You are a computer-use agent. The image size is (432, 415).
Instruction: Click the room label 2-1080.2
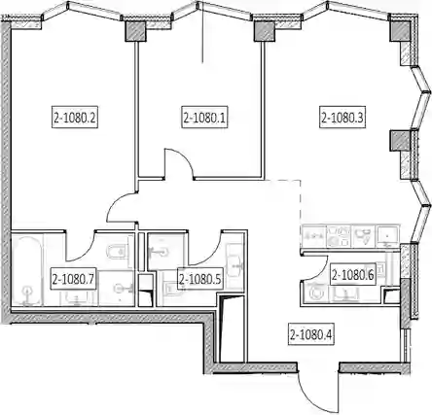(x=75, y=118)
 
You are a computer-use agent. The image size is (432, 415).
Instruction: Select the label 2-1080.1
(x=204, y=118)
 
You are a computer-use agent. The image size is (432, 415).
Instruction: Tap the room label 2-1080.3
(x=342, y=118)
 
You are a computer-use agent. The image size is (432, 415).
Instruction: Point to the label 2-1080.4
(x=311, y=335)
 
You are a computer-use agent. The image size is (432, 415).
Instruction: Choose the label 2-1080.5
(x=200, y=279)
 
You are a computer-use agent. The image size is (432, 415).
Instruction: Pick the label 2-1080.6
(x=353, y=275)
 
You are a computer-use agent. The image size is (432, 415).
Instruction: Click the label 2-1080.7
(x=74, y=279)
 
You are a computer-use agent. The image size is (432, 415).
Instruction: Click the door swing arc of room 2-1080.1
(x=183, y=157)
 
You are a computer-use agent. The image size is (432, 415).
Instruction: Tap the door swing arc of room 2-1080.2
(x=115, y=202)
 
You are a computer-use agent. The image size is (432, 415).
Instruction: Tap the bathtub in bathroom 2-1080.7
(x=27, y=270)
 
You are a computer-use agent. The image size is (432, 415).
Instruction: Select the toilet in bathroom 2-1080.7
(x=119, y=252)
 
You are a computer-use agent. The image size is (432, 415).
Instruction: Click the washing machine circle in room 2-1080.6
(x=315, y=293)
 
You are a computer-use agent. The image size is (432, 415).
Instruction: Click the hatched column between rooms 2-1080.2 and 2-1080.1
(x=135, y=31)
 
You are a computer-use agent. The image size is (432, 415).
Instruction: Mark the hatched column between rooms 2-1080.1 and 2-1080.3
(x=265, y=31)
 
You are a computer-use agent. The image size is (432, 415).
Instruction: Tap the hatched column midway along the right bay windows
(x=400, y=140)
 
